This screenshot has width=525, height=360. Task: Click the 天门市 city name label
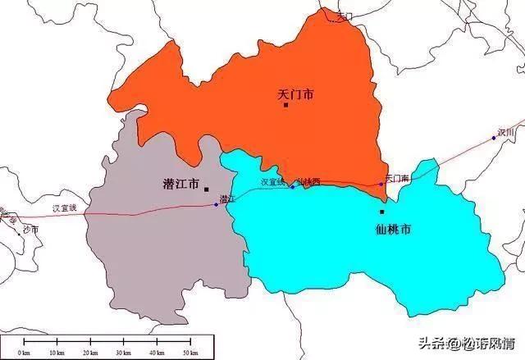click(x=296, y=95)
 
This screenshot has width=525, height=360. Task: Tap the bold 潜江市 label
click(x=181, y=185)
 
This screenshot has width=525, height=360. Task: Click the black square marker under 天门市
click(x=285, y=105)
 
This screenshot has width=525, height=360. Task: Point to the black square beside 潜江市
click(x=207, y=188)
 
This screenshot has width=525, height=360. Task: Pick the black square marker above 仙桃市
click(x=381, y=212)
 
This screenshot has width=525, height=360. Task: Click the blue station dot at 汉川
click(x=494, y=138)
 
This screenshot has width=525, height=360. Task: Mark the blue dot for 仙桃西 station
click(x=292, y=187)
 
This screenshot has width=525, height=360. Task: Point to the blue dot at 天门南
click(x=381, y=184)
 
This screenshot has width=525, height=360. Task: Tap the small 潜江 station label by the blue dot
click(x=227, y=198)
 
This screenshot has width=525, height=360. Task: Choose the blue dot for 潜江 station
click(x=216, y=204)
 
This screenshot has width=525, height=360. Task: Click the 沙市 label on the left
click(x=31, y=229)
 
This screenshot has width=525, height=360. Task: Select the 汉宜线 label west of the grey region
click(x=65, y=208)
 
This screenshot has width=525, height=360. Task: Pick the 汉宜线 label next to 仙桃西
click(x=272, y=182)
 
